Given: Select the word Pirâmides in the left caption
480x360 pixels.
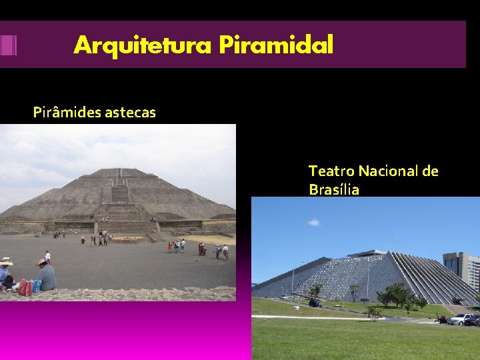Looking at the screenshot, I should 67,113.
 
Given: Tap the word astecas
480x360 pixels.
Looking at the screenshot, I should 130,113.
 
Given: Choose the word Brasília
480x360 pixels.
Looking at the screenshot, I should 334,190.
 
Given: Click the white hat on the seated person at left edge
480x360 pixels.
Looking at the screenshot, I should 5,261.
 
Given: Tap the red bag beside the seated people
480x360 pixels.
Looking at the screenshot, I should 25,287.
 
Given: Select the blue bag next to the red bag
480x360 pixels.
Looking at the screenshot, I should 36,286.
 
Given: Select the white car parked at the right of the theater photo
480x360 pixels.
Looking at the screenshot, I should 460,319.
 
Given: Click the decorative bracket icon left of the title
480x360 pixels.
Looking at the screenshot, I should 8,45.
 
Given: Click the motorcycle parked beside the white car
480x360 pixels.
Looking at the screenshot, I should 441,319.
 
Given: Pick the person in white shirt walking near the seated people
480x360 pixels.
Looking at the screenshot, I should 47,256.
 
